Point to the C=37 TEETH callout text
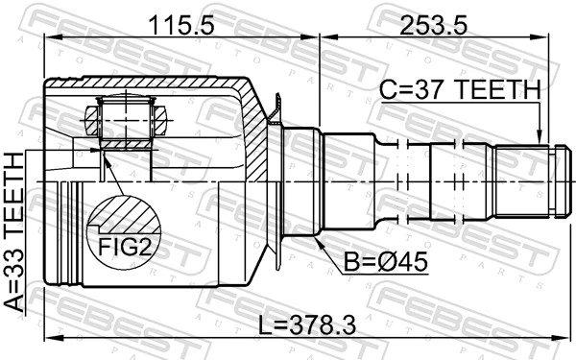click(460, 90)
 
